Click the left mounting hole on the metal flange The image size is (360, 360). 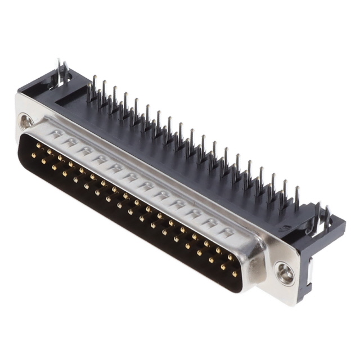tap(26, 120)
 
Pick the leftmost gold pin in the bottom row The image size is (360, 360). tap(34, 155)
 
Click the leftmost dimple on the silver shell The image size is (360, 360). tap(56, 134)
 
